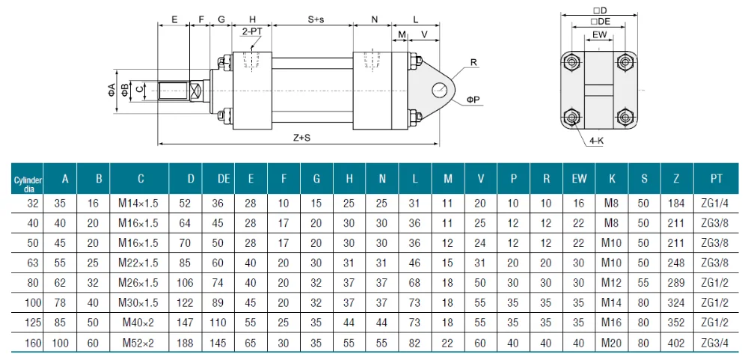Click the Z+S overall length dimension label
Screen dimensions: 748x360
point(301,138)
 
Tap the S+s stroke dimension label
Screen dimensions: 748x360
point(316,19)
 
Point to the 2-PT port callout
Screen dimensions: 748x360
point(252,31)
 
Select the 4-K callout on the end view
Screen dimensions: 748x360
point(596,141)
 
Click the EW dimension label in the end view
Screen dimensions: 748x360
point(600,35)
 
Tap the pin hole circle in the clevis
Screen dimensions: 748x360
point(439,89)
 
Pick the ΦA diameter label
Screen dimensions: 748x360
point(111,89)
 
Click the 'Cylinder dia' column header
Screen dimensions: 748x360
point(27,181)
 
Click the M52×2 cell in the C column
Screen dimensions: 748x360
point(138,342)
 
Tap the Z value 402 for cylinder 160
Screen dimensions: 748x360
point(676,343)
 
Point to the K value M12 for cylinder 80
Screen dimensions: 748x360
point(612,283)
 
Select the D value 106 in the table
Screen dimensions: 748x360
point(185,283)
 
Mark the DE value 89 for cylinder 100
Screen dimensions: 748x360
point(218,302)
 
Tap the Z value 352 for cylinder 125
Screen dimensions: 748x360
point(676,323)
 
